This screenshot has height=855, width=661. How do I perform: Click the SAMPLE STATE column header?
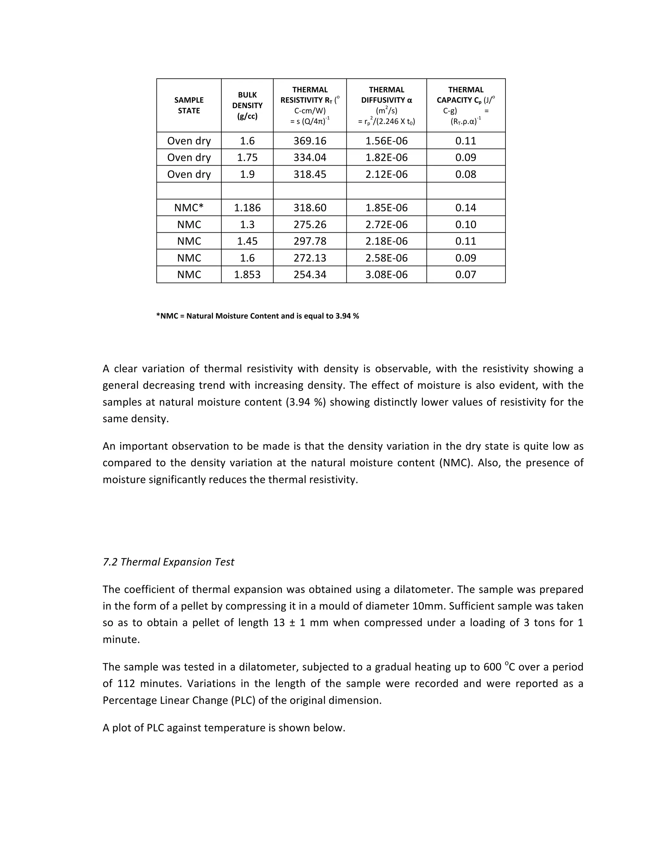pos(189,105)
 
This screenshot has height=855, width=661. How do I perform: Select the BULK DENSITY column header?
pos(247,105)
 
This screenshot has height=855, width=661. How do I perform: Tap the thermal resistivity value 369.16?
pos(310,141)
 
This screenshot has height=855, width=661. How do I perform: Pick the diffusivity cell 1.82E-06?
pos(386,157)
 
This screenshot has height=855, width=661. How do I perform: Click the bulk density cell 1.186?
pos(247,208)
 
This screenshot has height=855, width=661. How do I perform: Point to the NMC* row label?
pos(189,208)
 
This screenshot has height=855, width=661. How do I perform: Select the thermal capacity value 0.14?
pos(466,208)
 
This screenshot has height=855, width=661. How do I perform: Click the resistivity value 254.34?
pos(310,275)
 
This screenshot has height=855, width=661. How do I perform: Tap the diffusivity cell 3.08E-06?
pos(386,275)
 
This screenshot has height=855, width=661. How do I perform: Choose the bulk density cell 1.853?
pos(247,275)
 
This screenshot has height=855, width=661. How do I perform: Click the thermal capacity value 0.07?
pos(466,275)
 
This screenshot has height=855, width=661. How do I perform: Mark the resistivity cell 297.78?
pos(310,241)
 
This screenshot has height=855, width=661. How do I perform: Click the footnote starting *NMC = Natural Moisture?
pos(257,316)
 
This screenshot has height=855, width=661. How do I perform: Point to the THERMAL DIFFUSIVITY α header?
pos(386,95)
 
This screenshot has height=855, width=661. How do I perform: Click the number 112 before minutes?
pos(126,684)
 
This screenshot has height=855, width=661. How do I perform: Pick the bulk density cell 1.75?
pos(247,157)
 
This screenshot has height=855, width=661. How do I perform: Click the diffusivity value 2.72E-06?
pos(386,225)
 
